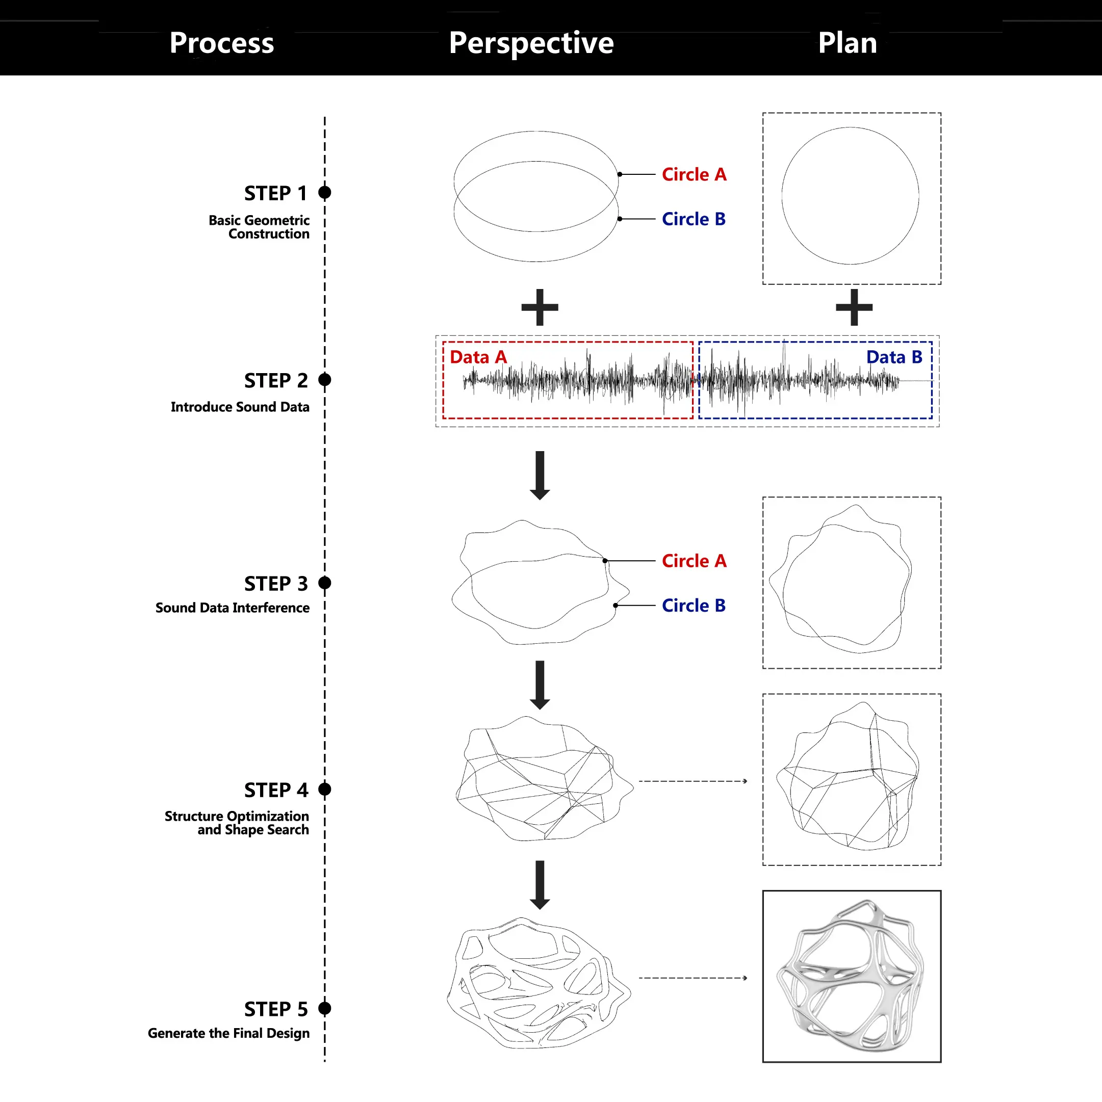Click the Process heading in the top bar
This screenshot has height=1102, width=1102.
221,43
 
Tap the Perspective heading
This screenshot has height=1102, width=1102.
531,43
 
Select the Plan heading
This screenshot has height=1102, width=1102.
847,43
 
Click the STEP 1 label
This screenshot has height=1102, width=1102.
276,193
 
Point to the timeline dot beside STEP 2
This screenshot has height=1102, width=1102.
325,380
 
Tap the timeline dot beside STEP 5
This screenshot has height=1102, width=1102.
325,1008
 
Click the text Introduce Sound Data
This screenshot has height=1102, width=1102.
240,407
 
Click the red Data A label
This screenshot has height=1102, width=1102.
478,357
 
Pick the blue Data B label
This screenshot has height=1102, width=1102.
894,357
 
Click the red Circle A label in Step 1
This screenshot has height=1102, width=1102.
694,174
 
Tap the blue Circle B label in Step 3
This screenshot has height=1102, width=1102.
694,605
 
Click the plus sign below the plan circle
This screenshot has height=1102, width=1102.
854,307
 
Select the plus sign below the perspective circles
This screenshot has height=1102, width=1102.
540,307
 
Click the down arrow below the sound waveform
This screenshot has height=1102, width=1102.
540,475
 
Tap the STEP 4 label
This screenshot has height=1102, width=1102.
276,790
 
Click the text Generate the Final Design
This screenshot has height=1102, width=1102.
228,1033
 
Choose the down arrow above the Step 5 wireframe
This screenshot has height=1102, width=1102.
540,884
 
